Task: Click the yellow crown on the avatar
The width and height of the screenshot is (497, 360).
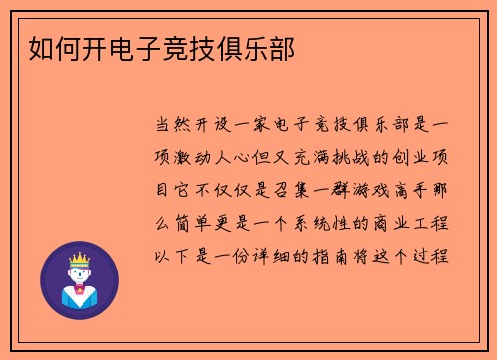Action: click(x=79, y=261)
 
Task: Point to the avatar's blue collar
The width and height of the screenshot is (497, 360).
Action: click(x=79, y=294)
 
